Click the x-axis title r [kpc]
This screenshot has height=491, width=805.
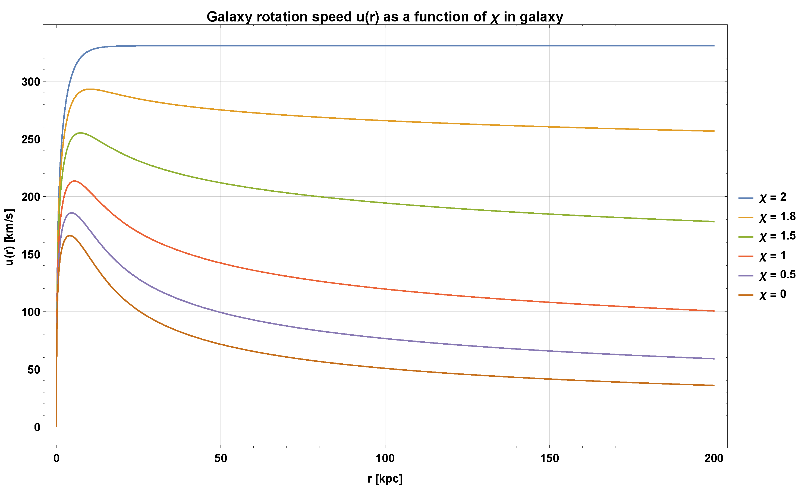pyautogui.click(x=385, y=479)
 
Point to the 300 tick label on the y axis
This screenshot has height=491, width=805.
pyautogui.click(x=31, y=82)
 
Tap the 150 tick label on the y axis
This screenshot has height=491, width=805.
pyautogui.click(x=31, y=254)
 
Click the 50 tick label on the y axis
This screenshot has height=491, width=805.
pyautogui.click(x=34, y=370)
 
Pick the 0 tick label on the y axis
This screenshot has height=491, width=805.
pyautogui.click(x=37, y=427)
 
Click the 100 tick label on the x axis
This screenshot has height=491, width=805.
pyautogui.click(x=385, y=458)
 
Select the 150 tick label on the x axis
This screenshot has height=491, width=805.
pyautogui.click(x=549, y=458)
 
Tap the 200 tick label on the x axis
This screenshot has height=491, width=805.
pyautogui.click(x=713, y=458)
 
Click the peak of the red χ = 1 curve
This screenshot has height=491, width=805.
pyautogui.click(x=75, y=181)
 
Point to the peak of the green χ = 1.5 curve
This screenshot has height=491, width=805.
pyautogui.click(x=80, y=133)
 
